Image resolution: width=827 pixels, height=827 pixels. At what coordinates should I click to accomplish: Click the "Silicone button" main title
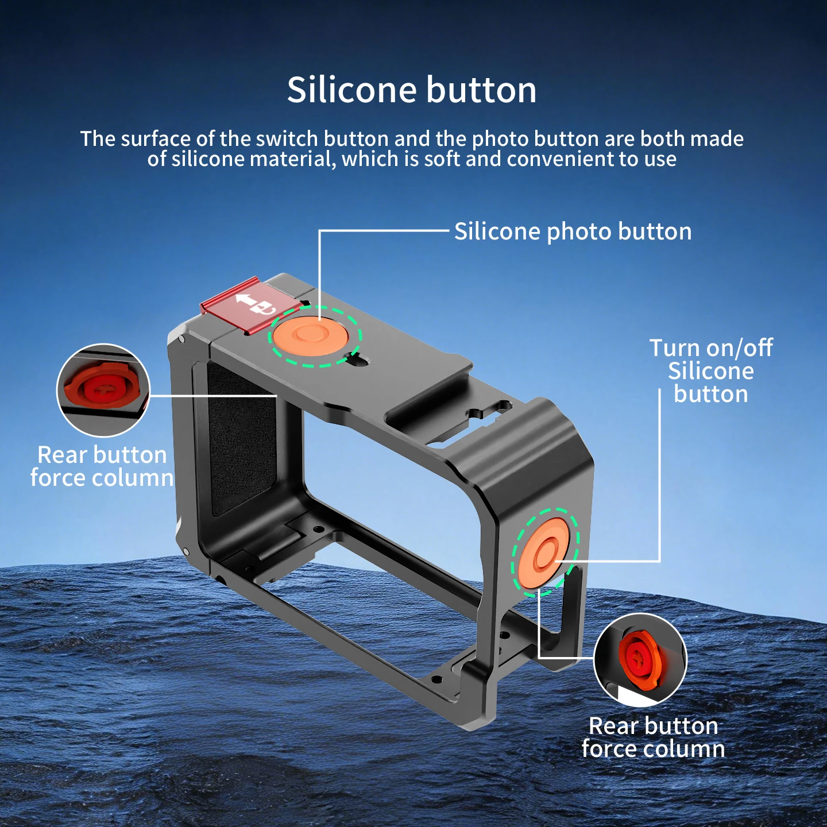coord(412,90)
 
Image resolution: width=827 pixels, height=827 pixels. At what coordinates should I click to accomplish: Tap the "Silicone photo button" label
coord(573,232)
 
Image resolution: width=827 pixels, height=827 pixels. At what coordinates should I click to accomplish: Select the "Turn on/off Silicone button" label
coord(711,371)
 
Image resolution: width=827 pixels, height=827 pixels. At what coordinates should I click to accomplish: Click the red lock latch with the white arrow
coord(252,305)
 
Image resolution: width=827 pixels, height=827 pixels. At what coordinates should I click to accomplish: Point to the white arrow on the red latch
coord(245,300)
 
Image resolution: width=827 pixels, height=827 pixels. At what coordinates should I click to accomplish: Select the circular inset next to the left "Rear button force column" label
coord(103,390)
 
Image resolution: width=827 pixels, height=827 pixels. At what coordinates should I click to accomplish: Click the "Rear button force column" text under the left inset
coord(102,466)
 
